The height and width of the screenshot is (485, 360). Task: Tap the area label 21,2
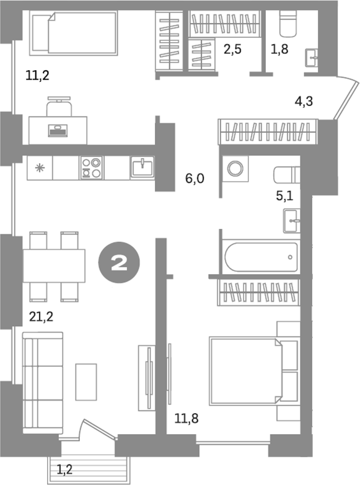[x=41, y=318]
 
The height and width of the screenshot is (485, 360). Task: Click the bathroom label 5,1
[x=286, y=197]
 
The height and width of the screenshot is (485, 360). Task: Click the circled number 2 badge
[x=120, y=263]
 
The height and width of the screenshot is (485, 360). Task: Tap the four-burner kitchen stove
[x=92, y=167]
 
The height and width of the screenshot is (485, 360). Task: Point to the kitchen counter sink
[x=142, y=167]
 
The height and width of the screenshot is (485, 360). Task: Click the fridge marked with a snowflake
[x=40, y=167]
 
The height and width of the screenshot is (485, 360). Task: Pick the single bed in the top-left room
[x=73, y=34]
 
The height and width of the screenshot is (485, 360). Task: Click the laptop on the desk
[x=59, y=130]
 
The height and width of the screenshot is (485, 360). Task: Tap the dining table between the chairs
[x=55, y=265]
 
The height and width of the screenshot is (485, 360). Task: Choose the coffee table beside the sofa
[x=86, y=381]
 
